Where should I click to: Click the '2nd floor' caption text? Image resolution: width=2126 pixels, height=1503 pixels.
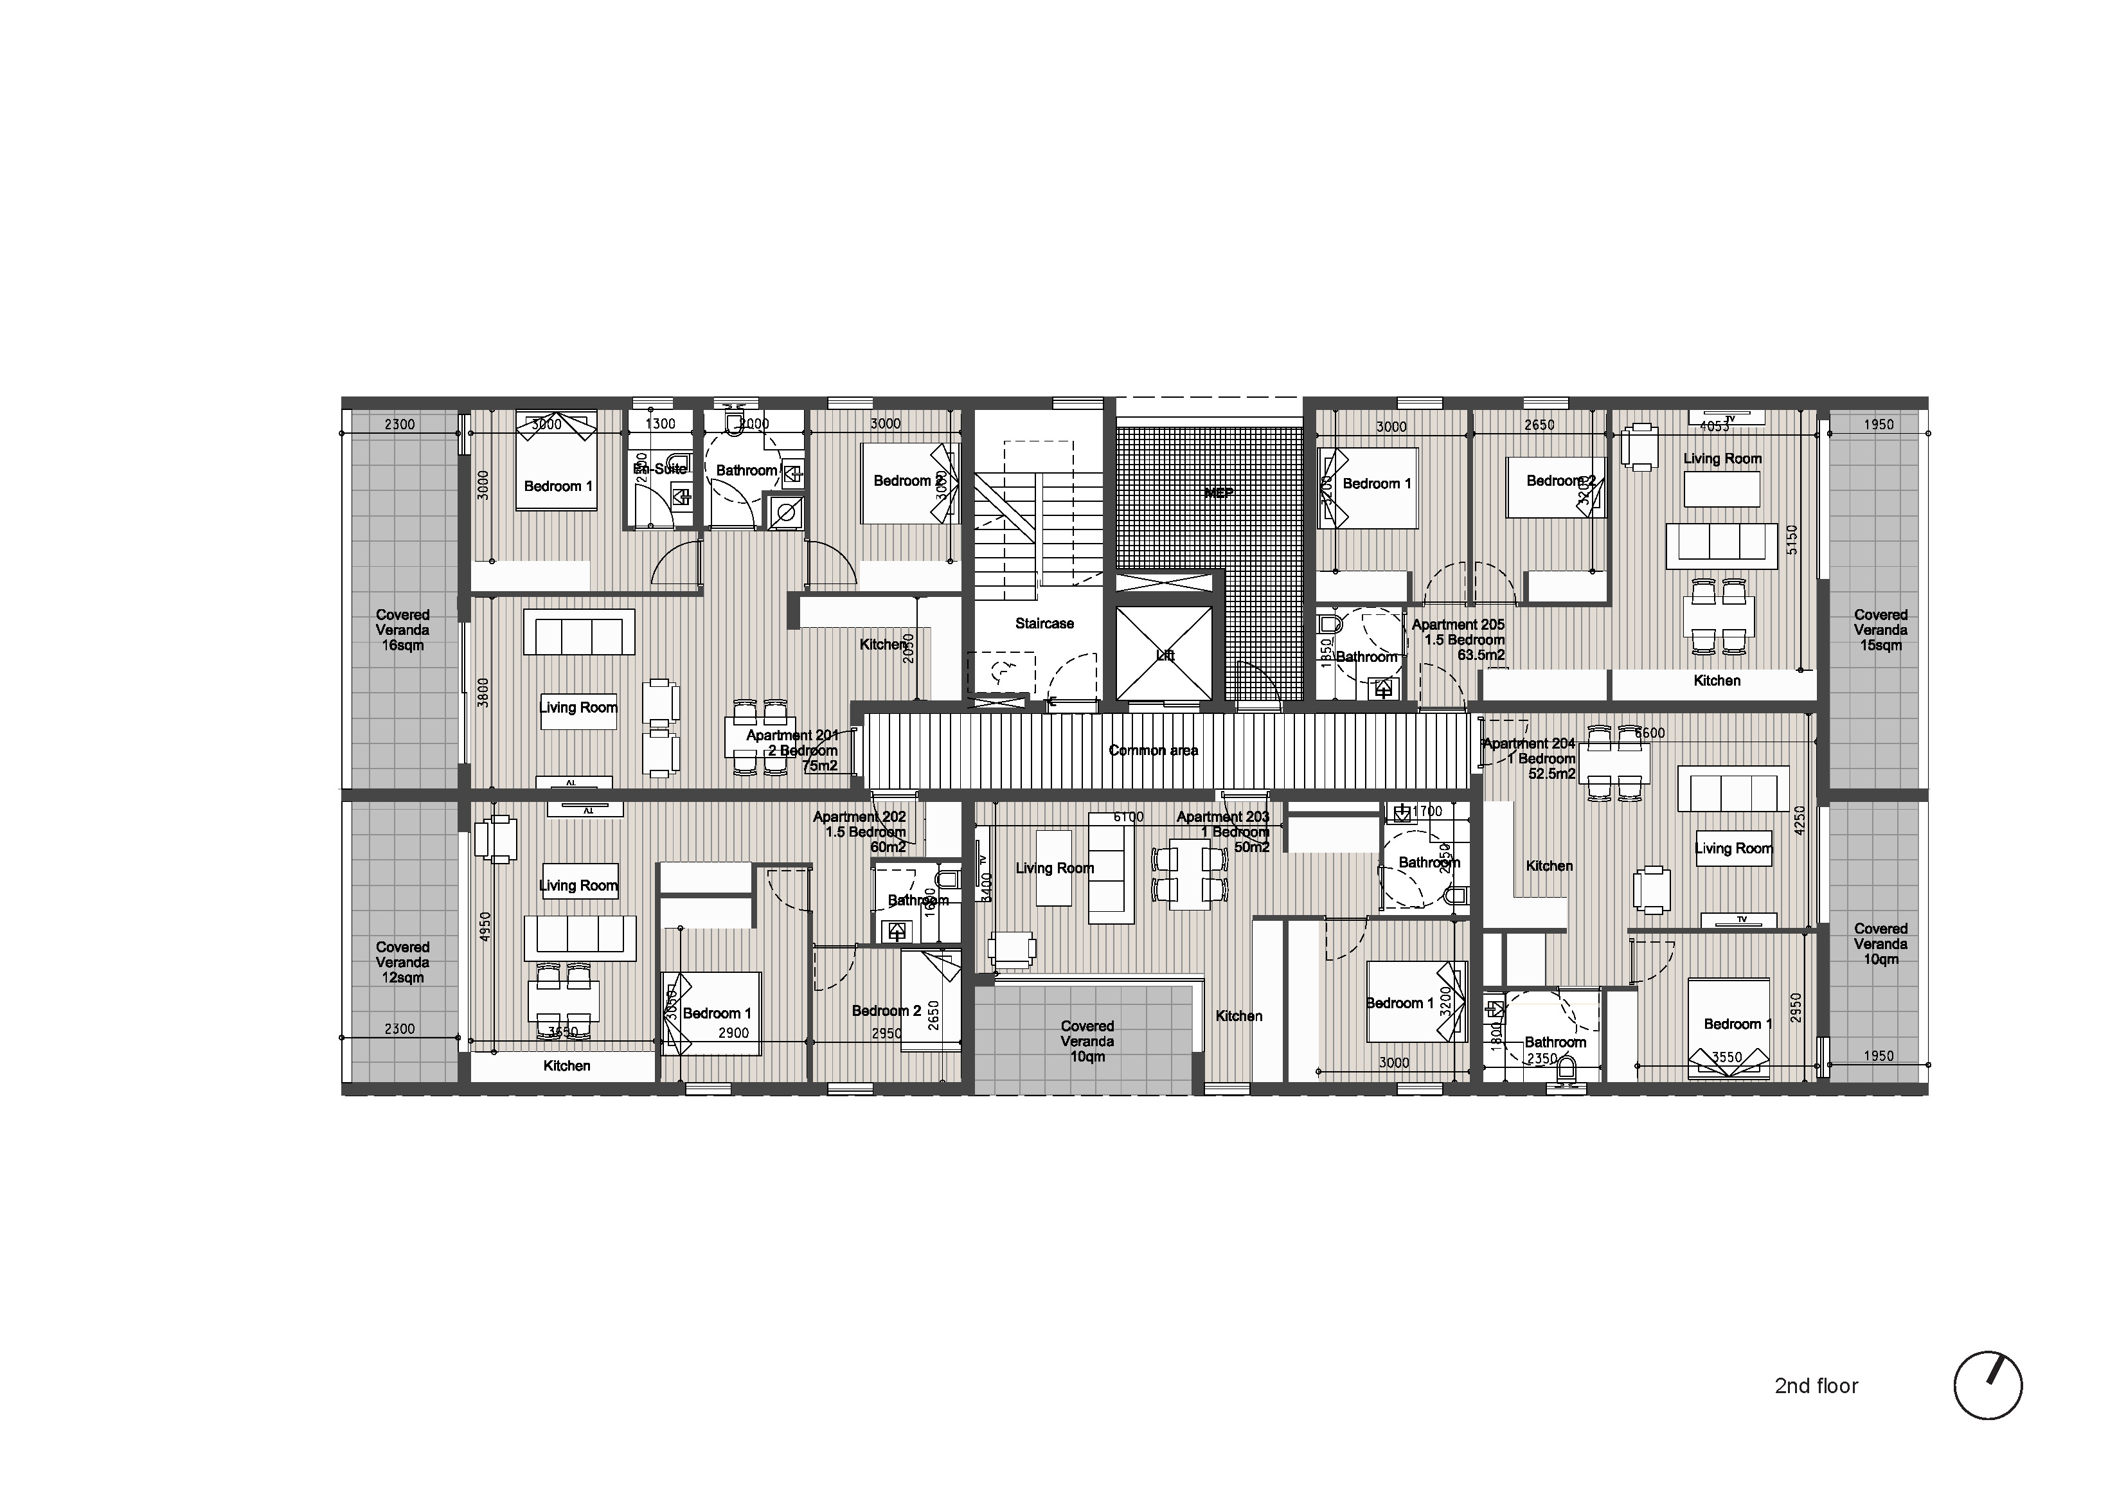(1816, 1385)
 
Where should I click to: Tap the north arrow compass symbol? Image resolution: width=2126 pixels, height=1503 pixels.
(1987, 1385)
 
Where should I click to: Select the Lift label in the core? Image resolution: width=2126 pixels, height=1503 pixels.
(1165, 655)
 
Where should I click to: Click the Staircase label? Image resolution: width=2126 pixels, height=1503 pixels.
(1044, 623)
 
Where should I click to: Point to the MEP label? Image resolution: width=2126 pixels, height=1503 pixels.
(1219, 494)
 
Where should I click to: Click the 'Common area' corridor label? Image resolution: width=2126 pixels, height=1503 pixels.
(1153, 750)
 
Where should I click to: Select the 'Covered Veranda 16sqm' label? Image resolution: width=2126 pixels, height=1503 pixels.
(402, 630)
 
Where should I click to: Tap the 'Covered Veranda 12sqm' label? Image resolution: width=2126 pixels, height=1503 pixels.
(402, 962)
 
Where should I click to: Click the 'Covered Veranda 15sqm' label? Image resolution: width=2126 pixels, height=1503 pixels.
(1880, 630)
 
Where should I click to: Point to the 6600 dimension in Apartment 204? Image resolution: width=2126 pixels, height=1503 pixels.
(1649, 733)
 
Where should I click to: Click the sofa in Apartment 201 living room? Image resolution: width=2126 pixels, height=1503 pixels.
(578, 632)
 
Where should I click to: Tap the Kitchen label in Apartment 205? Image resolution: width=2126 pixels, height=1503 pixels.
(1716, 680)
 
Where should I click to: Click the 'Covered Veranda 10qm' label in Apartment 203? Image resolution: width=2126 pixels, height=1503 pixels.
(1087, 1041)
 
